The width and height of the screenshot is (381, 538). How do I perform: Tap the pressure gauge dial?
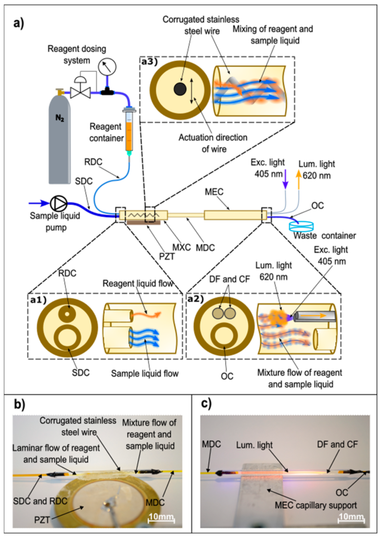[x=109, y=66]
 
